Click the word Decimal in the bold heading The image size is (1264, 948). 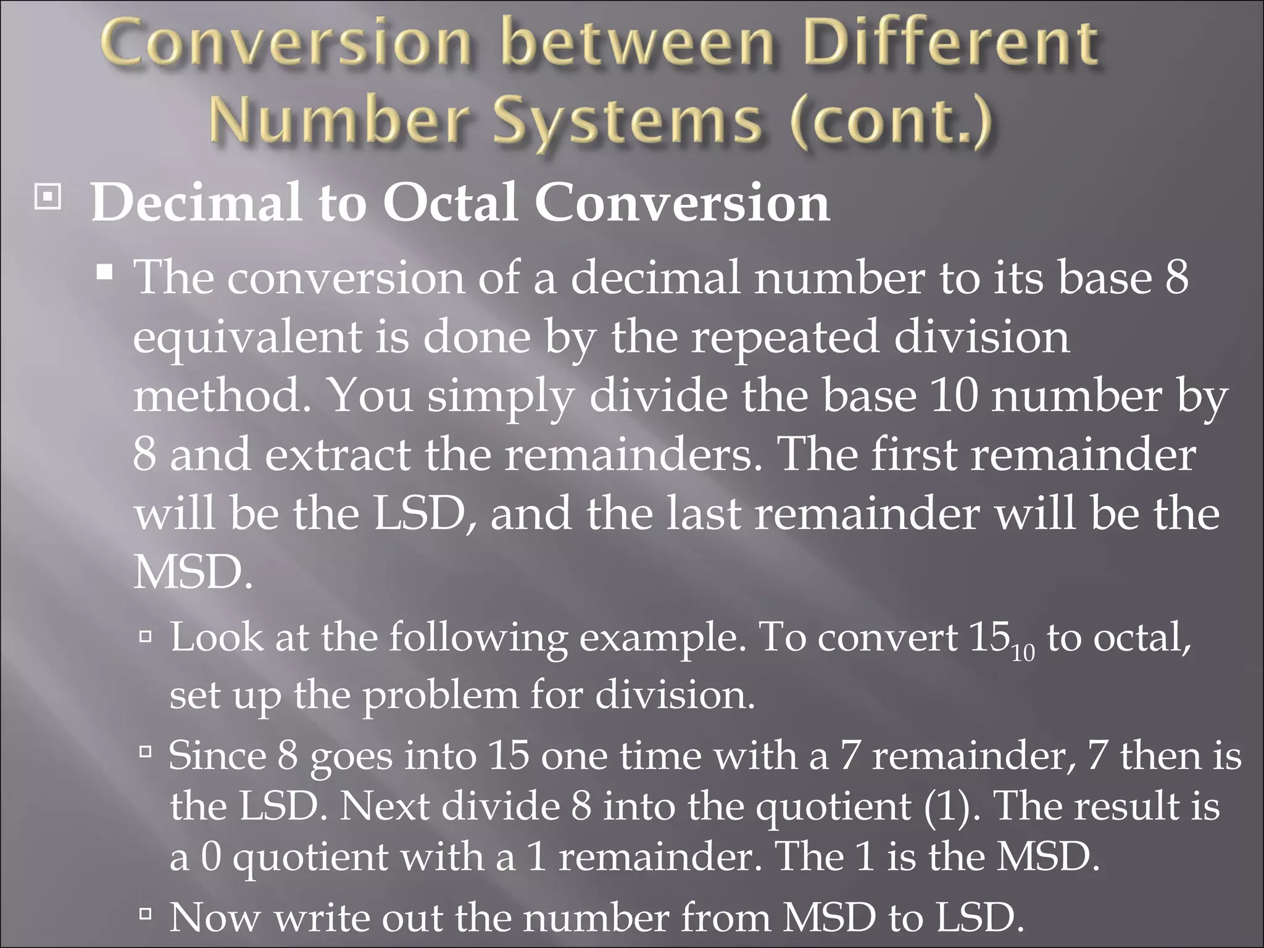(197, 203)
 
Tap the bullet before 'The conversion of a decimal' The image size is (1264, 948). (105, 271)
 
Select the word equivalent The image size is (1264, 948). (247, 338)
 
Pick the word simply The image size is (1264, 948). (501, 397)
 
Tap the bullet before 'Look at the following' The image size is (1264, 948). (146, 636)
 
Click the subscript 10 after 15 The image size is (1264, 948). (1023, 652)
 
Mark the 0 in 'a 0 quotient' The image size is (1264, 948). (210, 857)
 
